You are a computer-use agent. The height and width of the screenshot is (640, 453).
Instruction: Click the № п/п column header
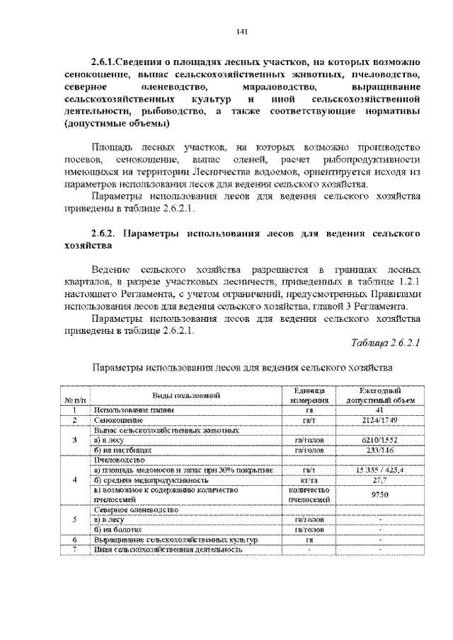point(74,400)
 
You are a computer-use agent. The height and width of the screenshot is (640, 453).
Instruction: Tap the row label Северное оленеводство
point(135,509)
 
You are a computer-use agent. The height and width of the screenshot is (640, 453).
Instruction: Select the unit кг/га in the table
point(311,479)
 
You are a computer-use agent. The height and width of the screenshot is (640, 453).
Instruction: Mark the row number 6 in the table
point(74,539)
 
